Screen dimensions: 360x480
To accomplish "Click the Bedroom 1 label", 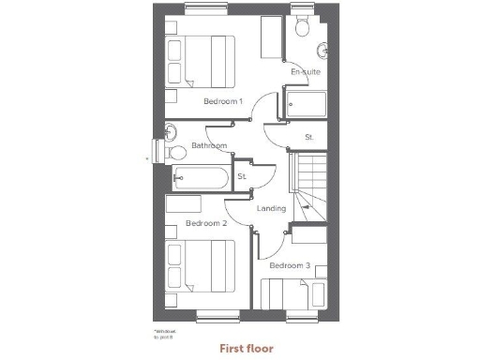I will (222, 100).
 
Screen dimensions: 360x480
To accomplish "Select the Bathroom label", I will (209, 146).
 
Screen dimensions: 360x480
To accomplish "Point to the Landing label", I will (271, 208).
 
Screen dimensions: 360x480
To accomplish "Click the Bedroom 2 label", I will (205, 223).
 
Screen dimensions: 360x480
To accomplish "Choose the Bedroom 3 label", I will (290, 265).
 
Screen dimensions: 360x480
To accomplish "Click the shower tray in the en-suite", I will (306, 104).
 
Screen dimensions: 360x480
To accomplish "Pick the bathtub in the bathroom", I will (199, 176).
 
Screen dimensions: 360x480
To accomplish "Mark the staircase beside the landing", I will (309, 187).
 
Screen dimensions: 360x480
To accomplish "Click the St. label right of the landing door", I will (308, 138).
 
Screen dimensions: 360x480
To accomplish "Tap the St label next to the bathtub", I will (241, 176).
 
